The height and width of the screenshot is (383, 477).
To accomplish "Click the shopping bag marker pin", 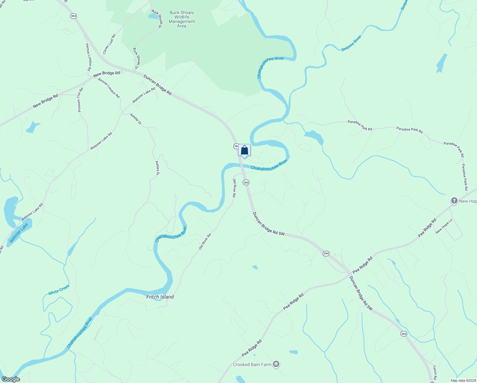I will (244, 150).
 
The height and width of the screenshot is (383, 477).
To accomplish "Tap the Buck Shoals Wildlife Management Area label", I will (182, 19).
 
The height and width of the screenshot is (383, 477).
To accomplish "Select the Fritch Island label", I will (160, 297).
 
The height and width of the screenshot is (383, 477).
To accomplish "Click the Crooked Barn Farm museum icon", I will (276, 364).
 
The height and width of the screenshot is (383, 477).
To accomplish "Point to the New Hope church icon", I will (454, 201).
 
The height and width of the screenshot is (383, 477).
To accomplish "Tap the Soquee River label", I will (351, 43).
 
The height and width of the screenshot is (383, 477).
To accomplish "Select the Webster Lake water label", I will (19, 233).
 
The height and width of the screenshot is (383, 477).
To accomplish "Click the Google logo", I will (11, 379).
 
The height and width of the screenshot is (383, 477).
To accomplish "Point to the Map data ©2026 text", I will (463, 380).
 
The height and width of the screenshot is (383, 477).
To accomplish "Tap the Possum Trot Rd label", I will (80, 100).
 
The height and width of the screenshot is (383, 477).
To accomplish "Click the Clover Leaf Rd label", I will (109, 44).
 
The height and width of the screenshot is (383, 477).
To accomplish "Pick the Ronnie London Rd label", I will (109, 88).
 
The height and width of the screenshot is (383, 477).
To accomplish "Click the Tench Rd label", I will (435, 372).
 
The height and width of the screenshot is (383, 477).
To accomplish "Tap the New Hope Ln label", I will (444, 226).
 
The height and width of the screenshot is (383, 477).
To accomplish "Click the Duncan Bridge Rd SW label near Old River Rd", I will (268, 224).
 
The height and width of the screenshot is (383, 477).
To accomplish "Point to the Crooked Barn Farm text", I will (252, 364).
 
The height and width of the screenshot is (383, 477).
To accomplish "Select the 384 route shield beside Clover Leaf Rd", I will (74, 16).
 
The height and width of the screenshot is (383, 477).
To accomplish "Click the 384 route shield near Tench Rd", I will (404, 334).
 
